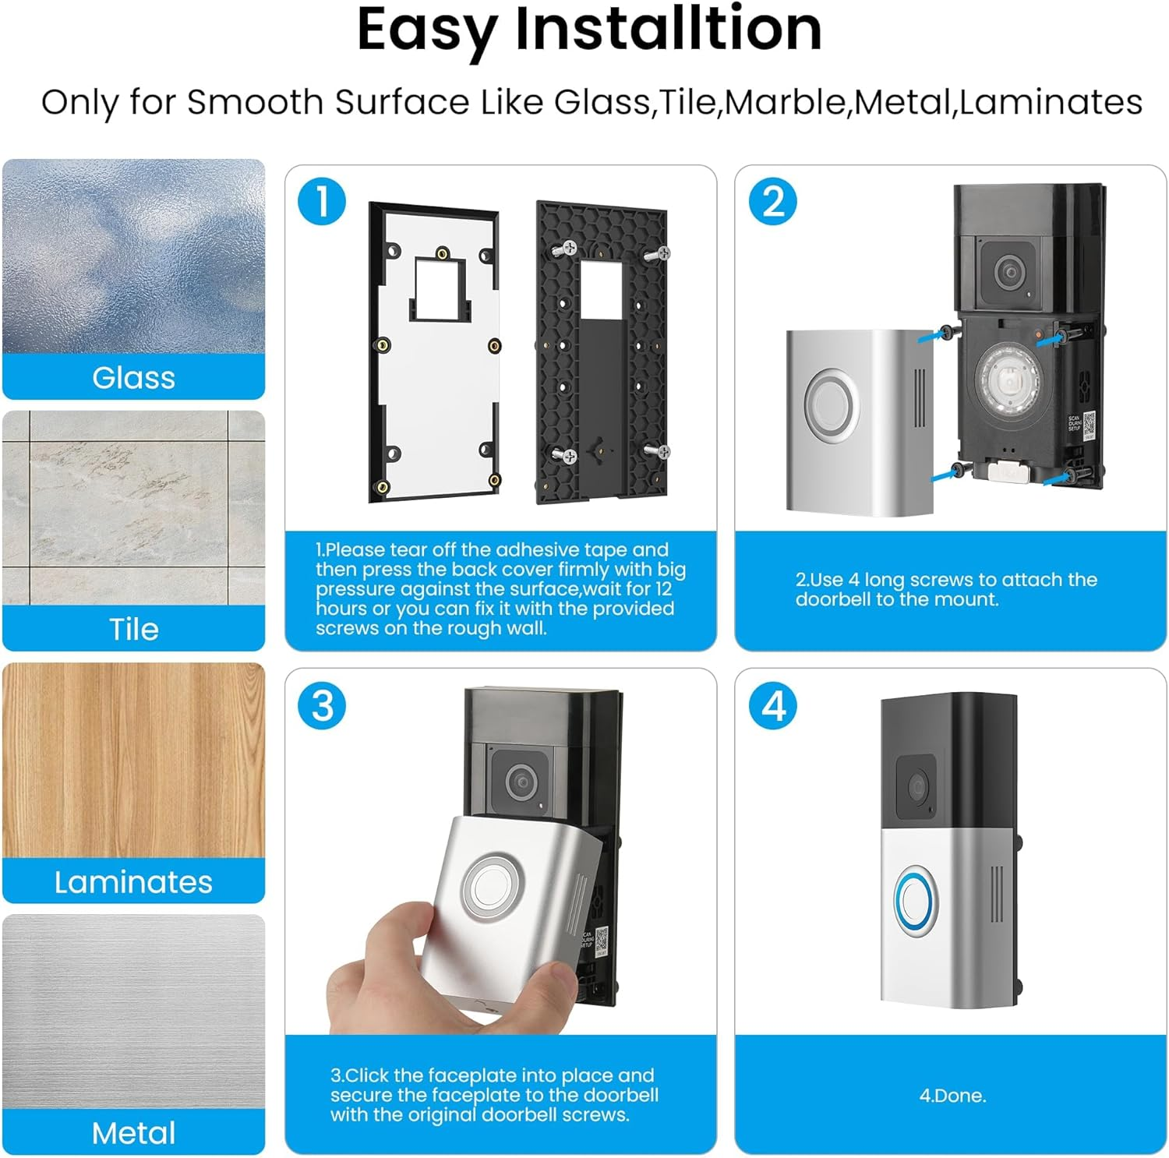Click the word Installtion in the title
click(x=668, y=30)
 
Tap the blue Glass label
click(x=133, y=377)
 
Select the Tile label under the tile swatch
click(x=133, y=629)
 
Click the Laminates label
click(x=133, y=881)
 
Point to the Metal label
click(x=133, y=1132)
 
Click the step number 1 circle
click(x=322, y=202)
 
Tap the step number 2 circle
click(x=772, y=202)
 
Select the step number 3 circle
click(x=322, y=706)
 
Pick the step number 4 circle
click(x=772, y=706)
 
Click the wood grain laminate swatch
click(x=133, y=760)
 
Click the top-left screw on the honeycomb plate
click(x=565, y=249)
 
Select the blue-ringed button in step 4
click(x=916, y=902)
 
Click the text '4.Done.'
click(x=952, y=1095)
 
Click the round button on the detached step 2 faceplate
click(x=831, y=404)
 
